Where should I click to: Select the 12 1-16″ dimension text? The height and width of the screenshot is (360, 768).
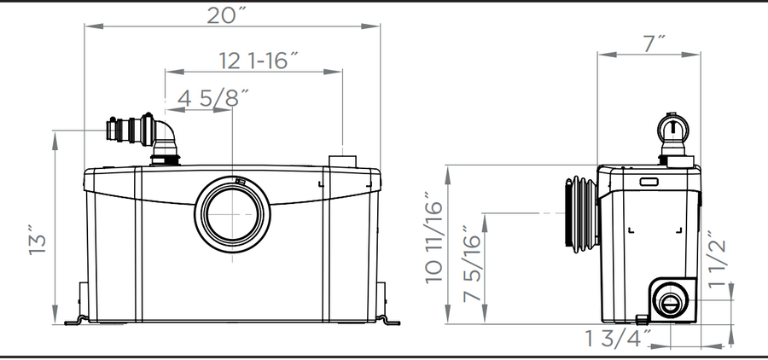click(258, 61)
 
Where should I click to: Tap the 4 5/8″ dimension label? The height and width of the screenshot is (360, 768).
click(213, 98)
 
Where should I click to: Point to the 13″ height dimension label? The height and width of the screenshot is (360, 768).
click(38, 240)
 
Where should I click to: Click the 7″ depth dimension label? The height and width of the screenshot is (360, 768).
click(654, 44)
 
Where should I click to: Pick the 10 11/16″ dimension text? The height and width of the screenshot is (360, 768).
click(434, 237)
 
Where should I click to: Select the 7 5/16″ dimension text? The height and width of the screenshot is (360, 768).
click(472, 263)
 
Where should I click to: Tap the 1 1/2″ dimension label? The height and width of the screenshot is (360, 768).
click(717, 259)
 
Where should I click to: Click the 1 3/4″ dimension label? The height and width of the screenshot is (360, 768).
click(619, 339)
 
